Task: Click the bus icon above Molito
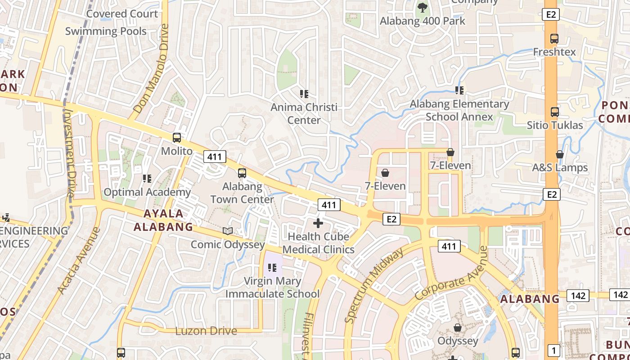click(177, 138)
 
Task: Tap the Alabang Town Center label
click(242, 193)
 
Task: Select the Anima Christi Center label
click(304, 114)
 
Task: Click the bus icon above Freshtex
click(554, 39)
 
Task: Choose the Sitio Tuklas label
click(555, 125)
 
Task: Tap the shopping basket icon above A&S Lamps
click(560, 154)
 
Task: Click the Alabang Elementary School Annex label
click(459, 110)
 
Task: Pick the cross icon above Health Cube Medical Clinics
click(318, 223)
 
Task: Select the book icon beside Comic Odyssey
click(228, 231)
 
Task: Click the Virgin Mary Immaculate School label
click(272, 288)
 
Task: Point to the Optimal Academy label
click(147, 192)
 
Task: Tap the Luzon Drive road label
click(206, 331)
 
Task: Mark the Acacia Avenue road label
click(79, 261)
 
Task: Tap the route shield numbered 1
click(553, 350)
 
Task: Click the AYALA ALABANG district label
click(164, 220)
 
